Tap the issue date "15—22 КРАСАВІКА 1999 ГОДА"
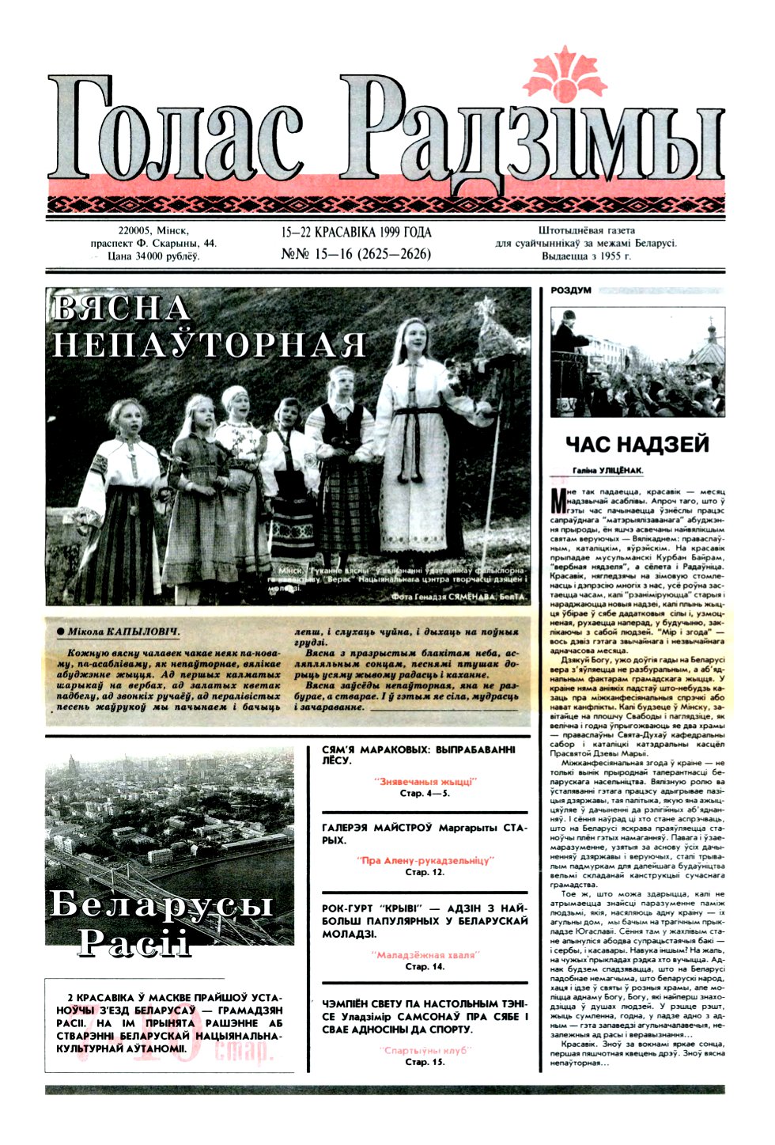(x=356, y=233)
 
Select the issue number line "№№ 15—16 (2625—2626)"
(x=356, y=254)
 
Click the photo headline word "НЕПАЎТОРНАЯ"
(x=210, y=345)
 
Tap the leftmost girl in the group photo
(x=126, y=491)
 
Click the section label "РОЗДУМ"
(x=572, y=290)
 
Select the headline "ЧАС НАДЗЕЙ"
(x=637, y=445)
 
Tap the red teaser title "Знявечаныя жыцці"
(x=425, y=781)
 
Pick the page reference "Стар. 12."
(x=425, y=872)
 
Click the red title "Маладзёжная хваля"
(x=425, y=955)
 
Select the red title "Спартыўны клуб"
(x=425, y=1050)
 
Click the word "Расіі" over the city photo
(x=134, y=942)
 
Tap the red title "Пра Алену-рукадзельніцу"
(x=425, y=860)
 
